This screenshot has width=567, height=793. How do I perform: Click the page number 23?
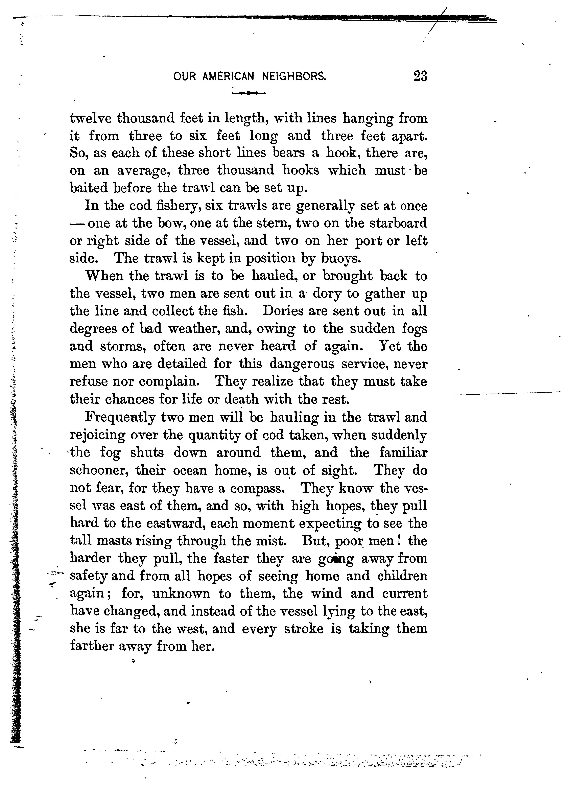[x=420, y=76]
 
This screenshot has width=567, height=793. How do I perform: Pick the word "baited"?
[x=89, y=188]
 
